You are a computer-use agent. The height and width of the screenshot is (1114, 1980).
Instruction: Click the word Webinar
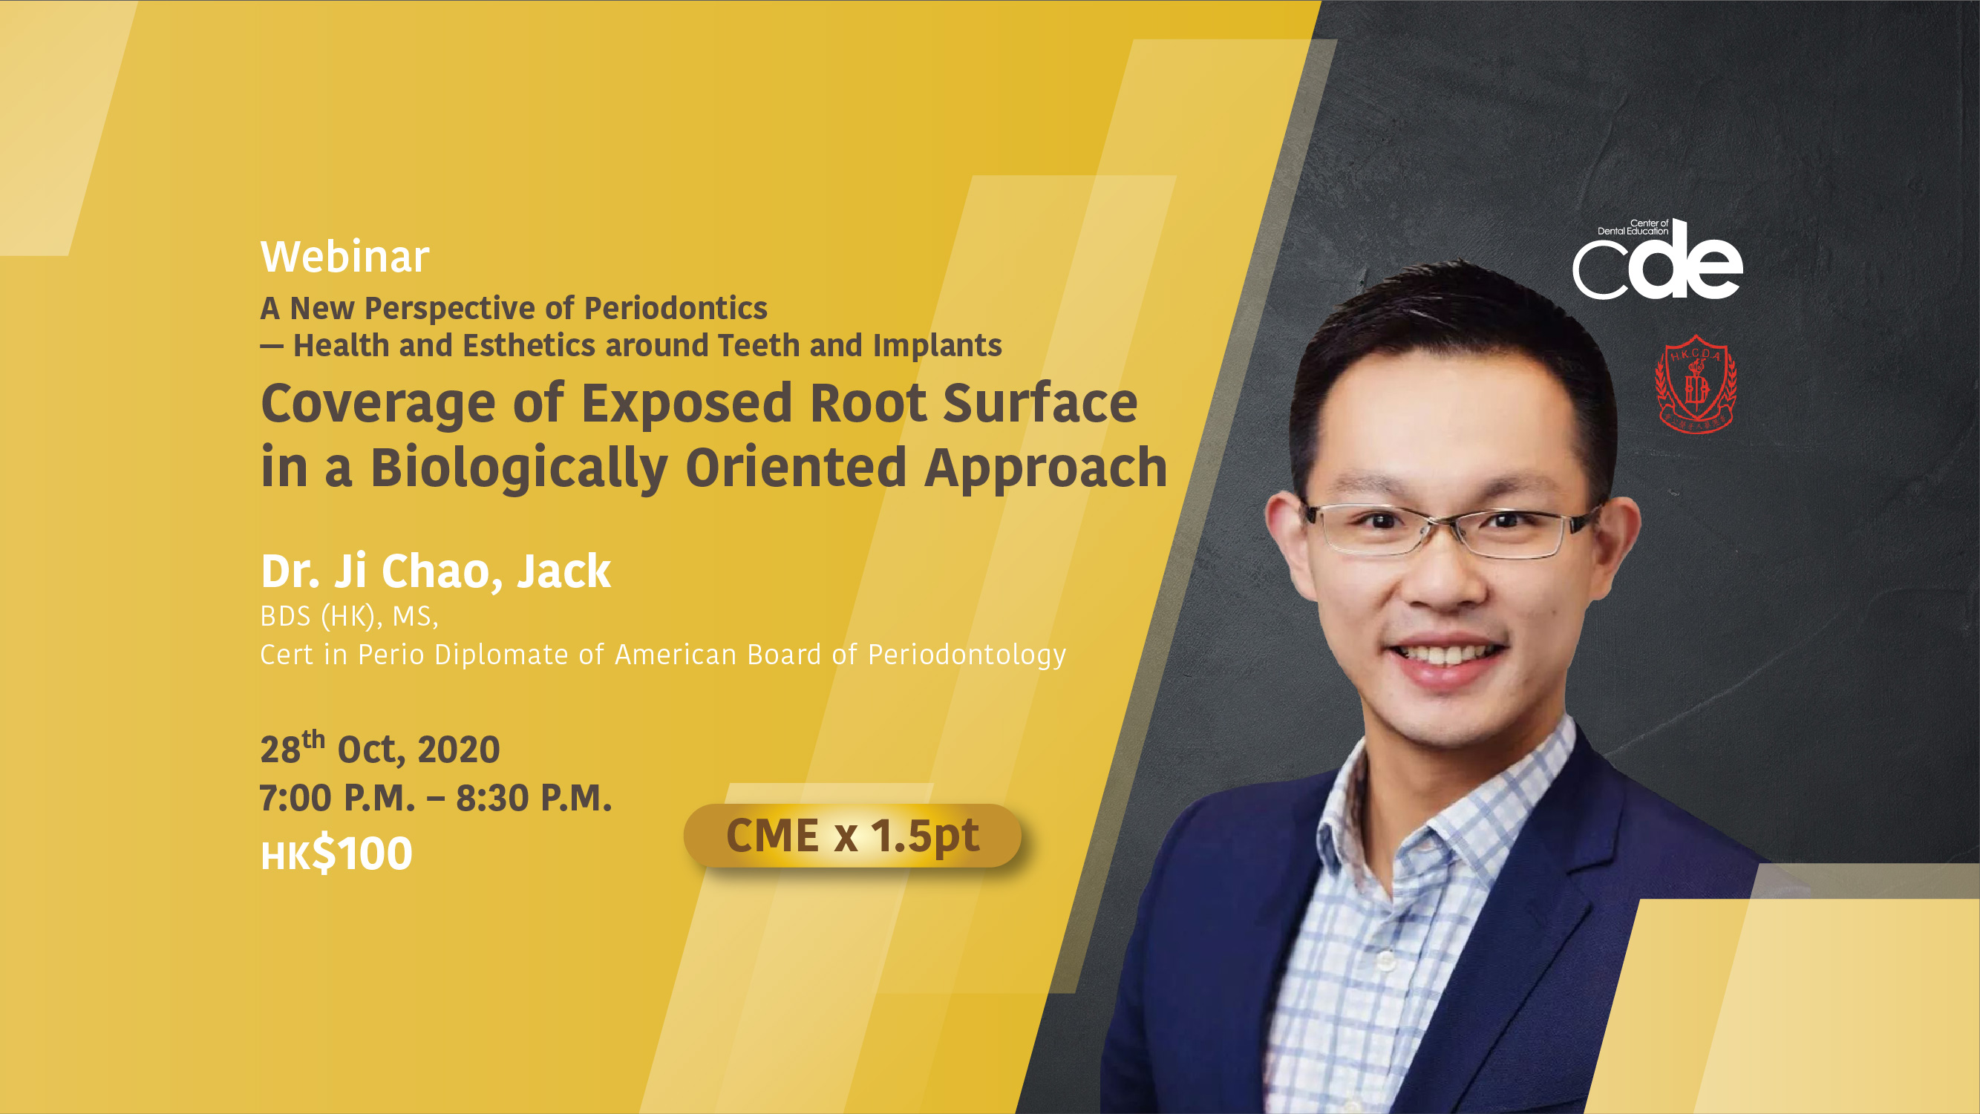click(x=344, y=257)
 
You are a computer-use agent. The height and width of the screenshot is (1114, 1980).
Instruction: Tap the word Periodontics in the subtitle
click(x=676, y=308)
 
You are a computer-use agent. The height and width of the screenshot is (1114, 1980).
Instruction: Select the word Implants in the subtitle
click(x=937, y=346)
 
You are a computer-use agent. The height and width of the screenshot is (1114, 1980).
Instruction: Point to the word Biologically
click(x=519, y=468)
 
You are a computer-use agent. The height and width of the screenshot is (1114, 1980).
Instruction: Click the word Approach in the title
click(x=1045, y=468)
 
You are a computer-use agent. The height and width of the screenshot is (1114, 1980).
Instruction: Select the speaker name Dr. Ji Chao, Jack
click(x=435, y=571)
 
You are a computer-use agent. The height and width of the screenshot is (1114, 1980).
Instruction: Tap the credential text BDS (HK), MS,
click(x=349, y=616)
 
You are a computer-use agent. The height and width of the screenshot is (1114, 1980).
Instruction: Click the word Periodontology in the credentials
click(x=967, y=655)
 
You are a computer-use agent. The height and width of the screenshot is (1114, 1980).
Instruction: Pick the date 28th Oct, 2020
click(x=379, y=747)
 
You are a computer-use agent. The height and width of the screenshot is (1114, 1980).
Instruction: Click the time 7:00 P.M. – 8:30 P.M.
click(x=436, y=798)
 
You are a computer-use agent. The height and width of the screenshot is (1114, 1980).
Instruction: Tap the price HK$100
click(x=336, y=853)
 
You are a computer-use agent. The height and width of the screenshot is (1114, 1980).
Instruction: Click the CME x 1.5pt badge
click(x=852, y=835)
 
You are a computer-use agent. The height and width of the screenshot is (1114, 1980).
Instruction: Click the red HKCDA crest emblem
click(x=1696, y=384)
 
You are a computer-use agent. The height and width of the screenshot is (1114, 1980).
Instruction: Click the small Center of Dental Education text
click(x=1633, y=226)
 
